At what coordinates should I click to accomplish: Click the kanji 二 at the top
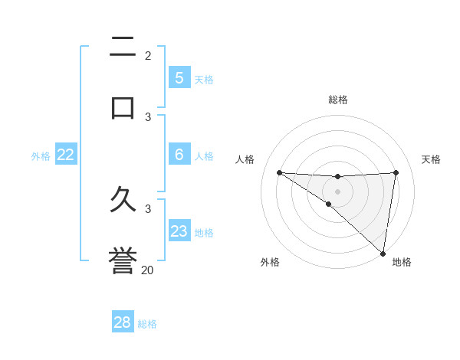click(123, 49)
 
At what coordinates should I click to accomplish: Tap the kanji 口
click(123, 106)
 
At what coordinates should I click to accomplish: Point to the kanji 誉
click(123, 261)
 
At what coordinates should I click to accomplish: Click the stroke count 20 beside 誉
click(148, 270)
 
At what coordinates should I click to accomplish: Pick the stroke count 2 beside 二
click(148, 55)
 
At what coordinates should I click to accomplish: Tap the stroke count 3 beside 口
click(148, 116)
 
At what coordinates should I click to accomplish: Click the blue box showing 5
click(179, 78)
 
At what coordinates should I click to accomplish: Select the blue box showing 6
click(179, 155)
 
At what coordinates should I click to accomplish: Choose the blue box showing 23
click(179, 231)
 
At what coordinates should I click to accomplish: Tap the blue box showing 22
click(66, 155)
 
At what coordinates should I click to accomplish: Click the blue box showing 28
click(123, 322)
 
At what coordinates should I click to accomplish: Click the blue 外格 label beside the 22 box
click(41, 156)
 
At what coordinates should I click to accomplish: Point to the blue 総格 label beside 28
click(147, 324)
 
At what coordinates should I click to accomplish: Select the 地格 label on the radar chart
click(402, 262)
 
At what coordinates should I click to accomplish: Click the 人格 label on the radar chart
click(245, 159)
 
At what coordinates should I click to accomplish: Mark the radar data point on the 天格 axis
click(396, 172)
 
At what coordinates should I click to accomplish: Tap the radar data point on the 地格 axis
click(383, 253)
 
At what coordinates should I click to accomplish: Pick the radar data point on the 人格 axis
click(279, 172)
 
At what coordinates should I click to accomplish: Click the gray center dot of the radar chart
click(337, 191)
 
